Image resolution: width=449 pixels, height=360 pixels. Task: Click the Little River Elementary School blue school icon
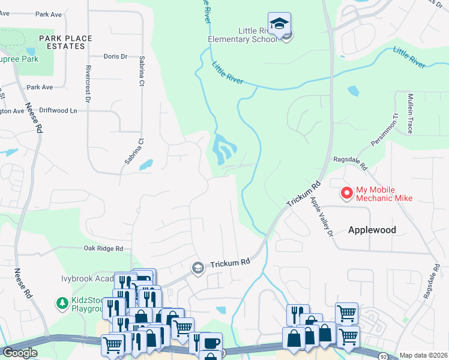point(279,24)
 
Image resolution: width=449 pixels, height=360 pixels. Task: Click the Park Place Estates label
point(65,42)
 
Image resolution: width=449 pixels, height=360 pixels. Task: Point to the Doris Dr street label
point(116,57)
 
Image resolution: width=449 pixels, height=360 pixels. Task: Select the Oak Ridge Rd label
point(103,248)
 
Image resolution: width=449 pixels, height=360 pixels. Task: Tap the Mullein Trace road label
point(411,113)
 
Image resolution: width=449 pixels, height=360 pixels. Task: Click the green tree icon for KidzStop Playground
point(61,303)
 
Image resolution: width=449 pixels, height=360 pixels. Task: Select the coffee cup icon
point(211,343)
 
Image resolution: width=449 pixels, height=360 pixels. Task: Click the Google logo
point(20,353)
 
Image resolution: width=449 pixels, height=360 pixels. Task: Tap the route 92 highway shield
point(382,355)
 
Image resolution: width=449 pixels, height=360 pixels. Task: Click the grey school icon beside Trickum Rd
point(197,268)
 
